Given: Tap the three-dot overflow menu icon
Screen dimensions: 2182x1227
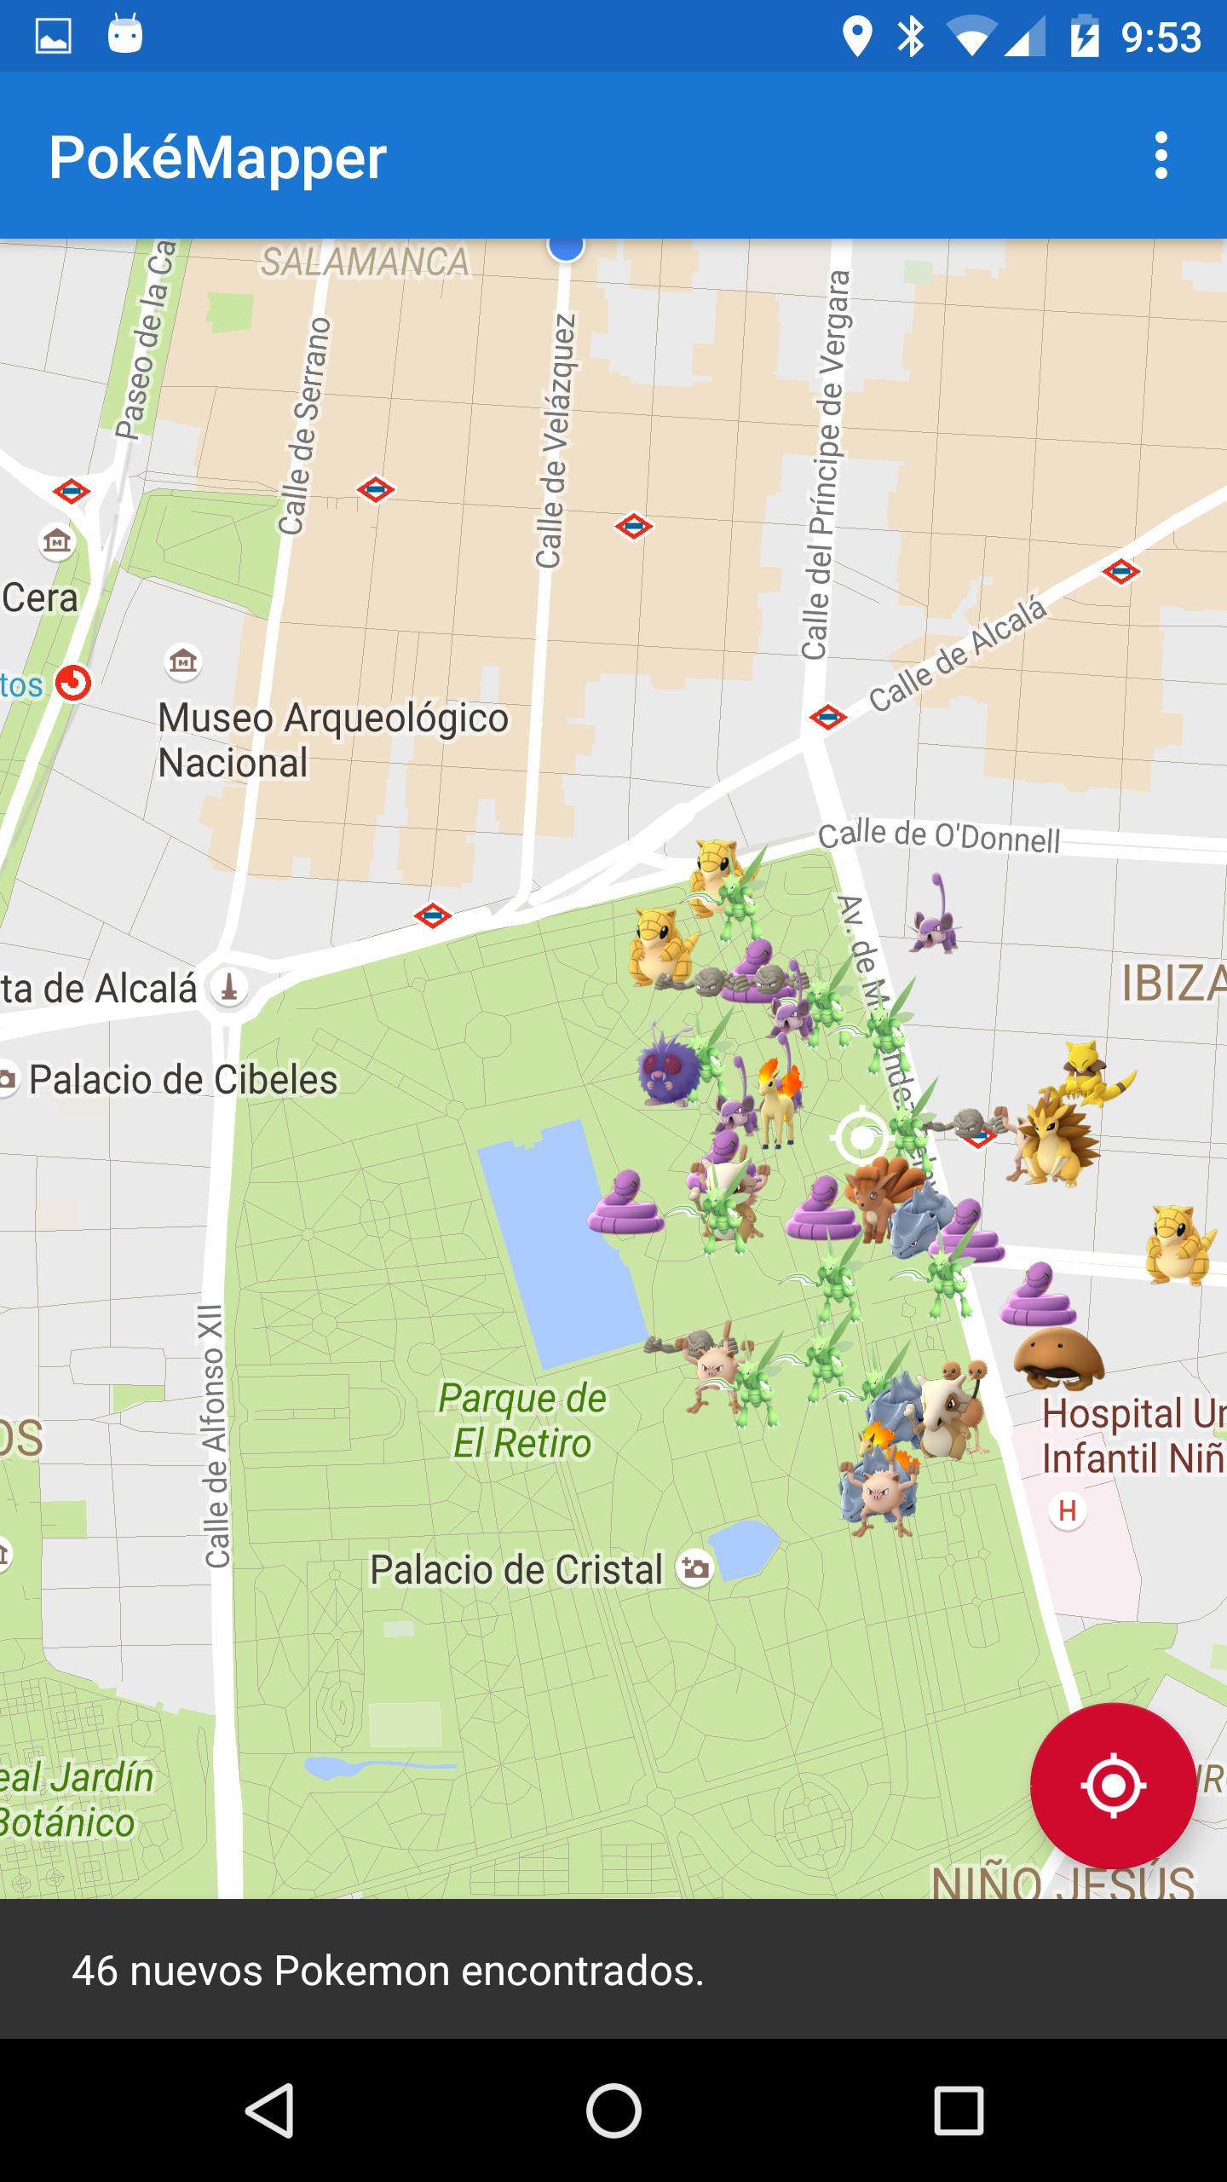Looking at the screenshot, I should pyautogui.click(x=1161, y=155).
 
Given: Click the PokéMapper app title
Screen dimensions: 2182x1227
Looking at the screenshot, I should pyautogui.click(x=217, y=158).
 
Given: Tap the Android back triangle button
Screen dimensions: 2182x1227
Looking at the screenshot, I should pyautogui.click(x=270, y=2110).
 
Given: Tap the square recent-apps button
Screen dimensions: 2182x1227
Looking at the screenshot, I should pyautogui.click(x=958, y=2110).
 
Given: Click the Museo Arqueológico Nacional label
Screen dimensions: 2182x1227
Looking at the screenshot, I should pyautogui.click(x=332, y=739).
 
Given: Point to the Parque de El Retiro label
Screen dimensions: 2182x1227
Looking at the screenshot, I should pyautogui.click(x=521, y=1421).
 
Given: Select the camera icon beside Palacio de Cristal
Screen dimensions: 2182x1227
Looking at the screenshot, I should pyautogui.click(x=694, y=1568).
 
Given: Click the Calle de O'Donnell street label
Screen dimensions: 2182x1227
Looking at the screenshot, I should pyautogui.click(x=938, y=837).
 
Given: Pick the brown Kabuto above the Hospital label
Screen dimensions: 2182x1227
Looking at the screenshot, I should pyautogui.click(x=1058, y=1357).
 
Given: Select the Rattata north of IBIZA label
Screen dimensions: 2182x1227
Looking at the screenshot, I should pyautogui.click(x=936, y=917).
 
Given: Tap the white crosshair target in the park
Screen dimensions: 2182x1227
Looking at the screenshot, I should pyautogui.click(x=861, y=1136).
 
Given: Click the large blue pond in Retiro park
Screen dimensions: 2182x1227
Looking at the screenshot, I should pyautogui.click(x=562, y=1244).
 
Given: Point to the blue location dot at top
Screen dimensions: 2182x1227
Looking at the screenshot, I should pyautogui.click(x=565, y=248).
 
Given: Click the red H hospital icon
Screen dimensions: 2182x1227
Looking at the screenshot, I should pyautogui.click(x=1067, y=1511).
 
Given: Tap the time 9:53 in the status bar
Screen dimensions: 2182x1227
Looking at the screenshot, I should pyautogui.click(x=1160, y=38).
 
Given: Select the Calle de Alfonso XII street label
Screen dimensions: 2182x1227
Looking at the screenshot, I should pyautogui.click(x=215, y=1435).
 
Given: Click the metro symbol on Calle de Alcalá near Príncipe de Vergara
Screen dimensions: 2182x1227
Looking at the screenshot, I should pyautogui.click(x=827, y=716).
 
